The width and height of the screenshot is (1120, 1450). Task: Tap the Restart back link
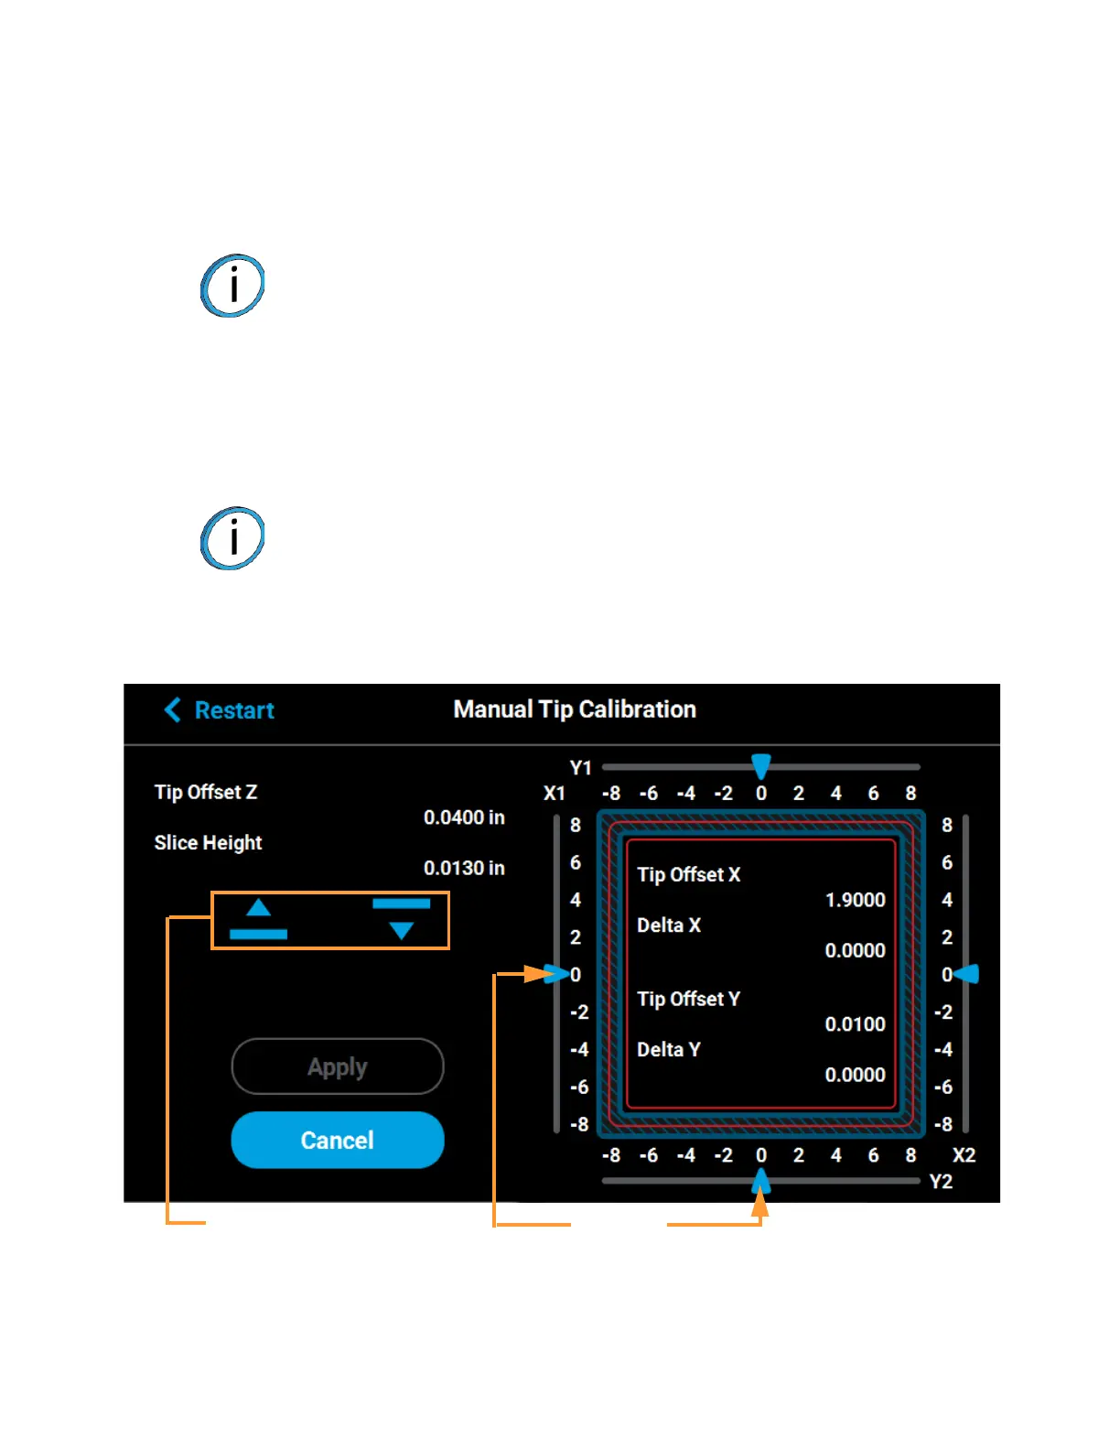[x=220, y=710]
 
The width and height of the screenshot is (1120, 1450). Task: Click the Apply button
[x=338, y=1066]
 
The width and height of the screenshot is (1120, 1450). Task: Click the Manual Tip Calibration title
[x=575, y=709]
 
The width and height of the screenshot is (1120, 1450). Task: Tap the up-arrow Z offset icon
[x=259, y=919]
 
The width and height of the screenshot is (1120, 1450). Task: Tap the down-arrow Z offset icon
[x=401, y=919]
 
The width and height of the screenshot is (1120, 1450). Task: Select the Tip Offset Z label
[x=206, y=792]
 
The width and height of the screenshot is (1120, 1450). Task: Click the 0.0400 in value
[x=464, y=817]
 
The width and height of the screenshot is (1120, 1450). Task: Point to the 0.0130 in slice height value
[x=464, y=868]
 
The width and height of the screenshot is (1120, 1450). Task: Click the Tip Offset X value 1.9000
[x=855, y=900]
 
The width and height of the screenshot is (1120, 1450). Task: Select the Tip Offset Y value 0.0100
[x=855, y=1024]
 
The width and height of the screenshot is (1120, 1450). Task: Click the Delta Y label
[x=669, y=1049]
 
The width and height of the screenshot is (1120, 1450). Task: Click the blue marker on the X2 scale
[x=968, y=974]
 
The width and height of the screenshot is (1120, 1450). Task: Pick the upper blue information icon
[x=232, y=286]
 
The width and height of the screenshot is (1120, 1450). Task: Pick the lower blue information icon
[x=232, y=538]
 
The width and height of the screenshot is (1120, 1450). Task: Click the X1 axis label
[x=555, y=794]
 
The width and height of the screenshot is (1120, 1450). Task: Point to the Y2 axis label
[x=941, y=1182]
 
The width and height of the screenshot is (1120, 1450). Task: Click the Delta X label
[x=669, y=925]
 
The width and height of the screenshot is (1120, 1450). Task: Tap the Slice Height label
[x=208, y=842]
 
